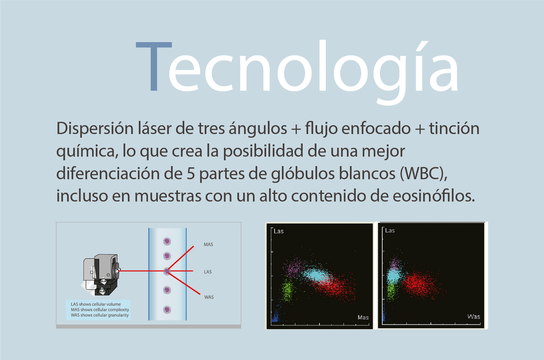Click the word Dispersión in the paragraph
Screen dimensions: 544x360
click(95, 129)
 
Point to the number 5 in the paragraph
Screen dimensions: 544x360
click(191, 174)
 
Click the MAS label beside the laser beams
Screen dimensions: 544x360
click(209, 245)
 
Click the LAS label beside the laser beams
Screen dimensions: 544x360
click(208, 272)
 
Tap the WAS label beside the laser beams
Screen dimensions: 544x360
click(209, 297)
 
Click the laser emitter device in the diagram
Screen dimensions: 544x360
click(100, 275)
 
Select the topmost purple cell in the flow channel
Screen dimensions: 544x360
click(167, 241)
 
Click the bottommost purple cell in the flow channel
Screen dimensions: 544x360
click(167, 310)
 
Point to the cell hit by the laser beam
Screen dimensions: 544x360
click(167, 271)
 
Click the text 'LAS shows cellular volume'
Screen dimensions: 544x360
click(96, 304)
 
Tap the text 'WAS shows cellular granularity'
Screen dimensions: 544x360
click(100, 315)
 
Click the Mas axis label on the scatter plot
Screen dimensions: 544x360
click(363, 317)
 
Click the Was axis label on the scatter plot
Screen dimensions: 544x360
click(474, 316)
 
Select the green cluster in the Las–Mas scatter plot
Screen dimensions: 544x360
click(288, 290)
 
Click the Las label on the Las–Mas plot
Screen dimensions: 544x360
click(279, 231)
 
